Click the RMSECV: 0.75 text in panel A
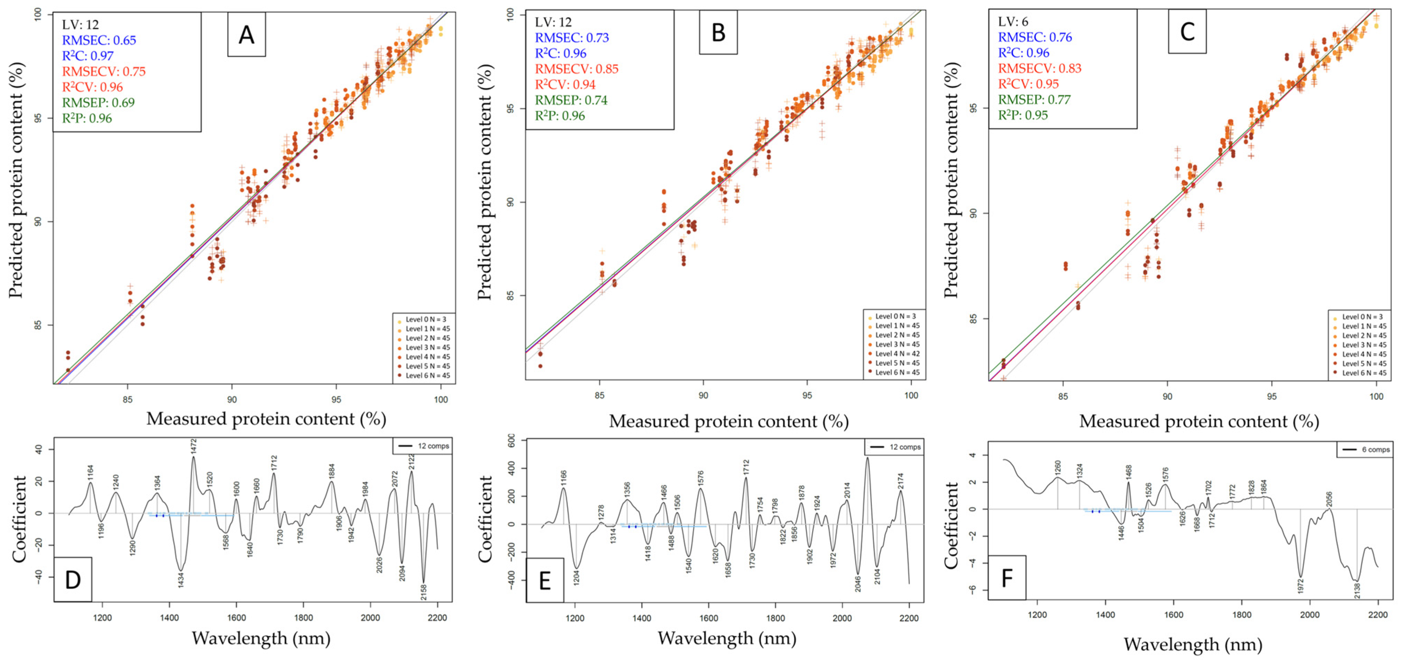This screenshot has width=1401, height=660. pos(103,71)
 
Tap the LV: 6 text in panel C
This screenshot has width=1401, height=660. pos(1013,22)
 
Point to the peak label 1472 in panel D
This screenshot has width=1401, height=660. pos(193,446)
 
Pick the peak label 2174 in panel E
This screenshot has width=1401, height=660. pos(900,482)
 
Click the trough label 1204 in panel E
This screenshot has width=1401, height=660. pos(577,577)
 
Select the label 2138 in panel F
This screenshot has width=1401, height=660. pos(1356,590)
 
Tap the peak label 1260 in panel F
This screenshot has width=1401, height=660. pos(1058,468)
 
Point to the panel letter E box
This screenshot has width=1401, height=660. pos(544,581)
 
